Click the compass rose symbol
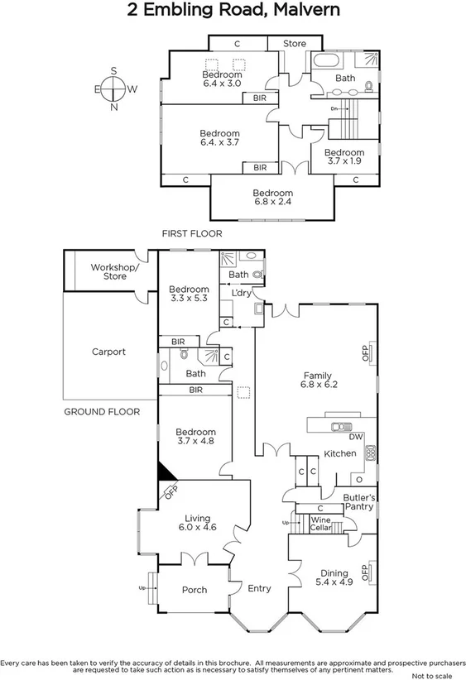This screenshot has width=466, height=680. [x=113, y=89]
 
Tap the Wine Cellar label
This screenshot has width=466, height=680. [x=321, y=524]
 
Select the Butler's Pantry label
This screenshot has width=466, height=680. [x=359, y=501]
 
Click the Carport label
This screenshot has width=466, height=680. [x=108, y=352]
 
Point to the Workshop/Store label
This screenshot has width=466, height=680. [x=115, y=271]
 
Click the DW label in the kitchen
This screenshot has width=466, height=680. [x=356, y=437]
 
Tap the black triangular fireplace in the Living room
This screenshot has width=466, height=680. [x=166, y=472]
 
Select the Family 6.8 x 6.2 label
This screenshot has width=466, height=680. [x=319, y=379]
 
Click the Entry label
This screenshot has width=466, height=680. [x=259, y=588]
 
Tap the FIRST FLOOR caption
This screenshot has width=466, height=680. [x=192, y=234]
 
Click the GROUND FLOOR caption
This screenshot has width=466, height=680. [x=101, y=411]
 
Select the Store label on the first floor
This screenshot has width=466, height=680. [x=295, y=43]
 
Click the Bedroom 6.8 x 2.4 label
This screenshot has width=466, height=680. [x=272, y=197]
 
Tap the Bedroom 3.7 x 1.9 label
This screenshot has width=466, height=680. [x=343, y=157]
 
